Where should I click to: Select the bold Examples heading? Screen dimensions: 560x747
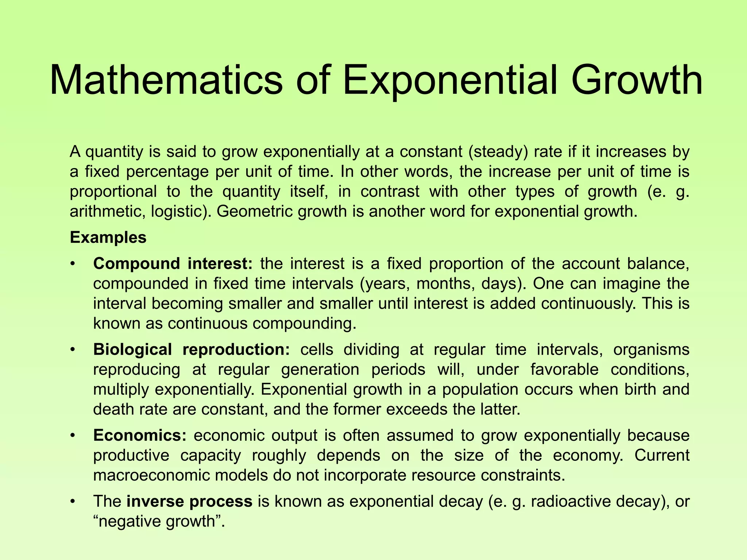(x=108, y=238)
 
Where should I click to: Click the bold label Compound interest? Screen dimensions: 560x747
(x=173, y=264)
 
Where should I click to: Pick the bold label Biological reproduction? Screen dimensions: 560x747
(x=191, y=350)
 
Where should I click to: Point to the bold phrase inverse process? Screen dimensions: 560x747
(x=189, y=502)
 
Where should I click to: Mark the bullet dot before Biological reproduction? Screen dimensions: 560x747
(x=73, y=350)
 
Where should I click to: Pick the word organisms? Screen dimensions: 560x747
(x=651, y=350)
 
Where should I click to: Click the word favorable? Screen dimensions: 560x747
(x=564, y=370)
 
